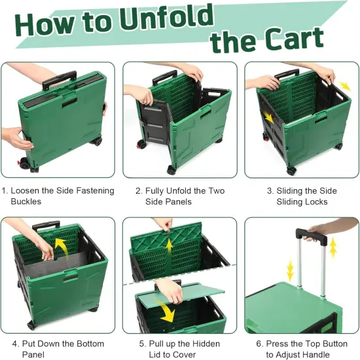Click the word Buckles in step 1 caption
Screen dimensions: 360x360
point(26,202)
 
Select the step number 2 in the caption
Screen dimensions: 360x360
point(138,190)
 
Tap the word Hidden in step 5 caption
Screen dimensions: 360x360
point(204,344)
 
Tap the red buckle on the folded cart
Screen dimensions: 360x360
point(18,160)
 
